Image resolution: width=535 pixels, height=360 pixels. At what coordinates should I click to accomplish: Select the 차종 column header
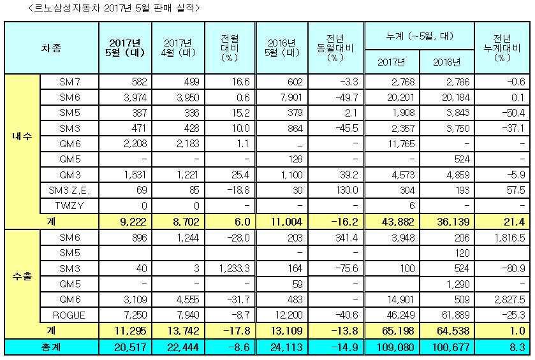pyautogui.click(x=52, y=48)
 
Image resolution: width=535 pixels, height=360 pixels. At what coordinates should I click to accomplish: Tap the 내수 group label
pyautogui.click(x=22, y=136)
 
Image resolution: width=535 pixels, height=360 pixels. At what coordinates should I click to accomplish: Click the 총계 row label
pyautogui.click(x=52, y=347)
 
